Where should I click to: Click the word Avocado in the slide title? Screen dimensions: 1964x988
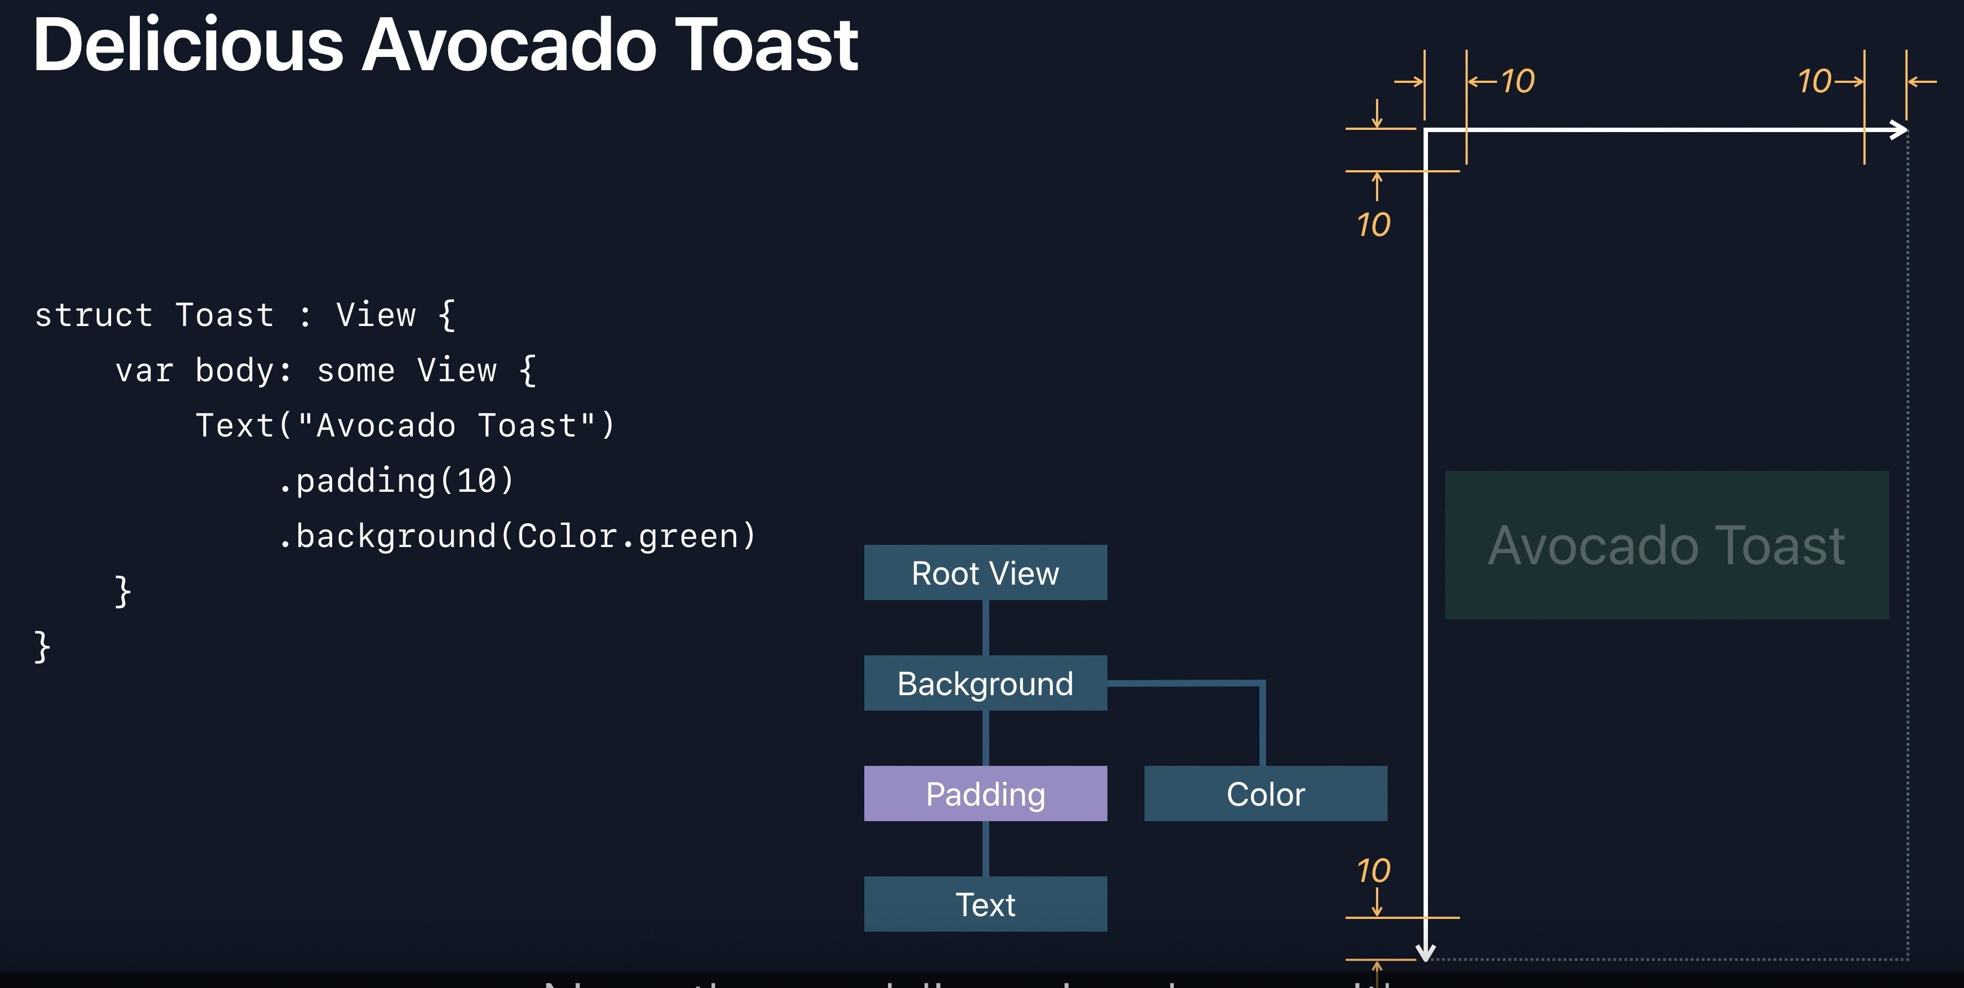coord(508,46)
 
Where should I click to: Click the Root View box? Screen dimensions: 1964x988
coord(985,572)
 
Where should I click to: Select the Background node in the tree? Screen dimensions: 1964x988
coord(985,683)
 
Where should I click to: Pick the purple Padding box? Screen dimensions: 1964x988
coord(985,793)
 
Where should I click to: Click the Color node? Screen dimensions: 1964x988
coord(1265,793)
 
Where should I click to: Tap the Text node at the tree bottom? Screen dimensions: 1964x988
coord(985,904)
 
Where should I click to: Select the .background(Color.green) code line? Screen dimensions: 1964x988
coord(517,536)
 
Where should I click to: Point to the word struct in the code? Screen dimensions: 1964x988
coord(93,316)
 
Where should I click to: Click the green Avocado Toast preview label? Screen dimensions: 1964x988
coord(1667,545)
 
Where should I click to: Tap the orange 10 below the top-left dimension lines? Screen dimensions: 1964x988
coord(1373,225)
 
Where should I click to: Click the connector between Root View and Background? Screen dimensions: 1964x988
coord(985,627)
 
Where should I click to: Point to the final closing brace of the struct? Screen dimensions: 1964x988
coord(43,647)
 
